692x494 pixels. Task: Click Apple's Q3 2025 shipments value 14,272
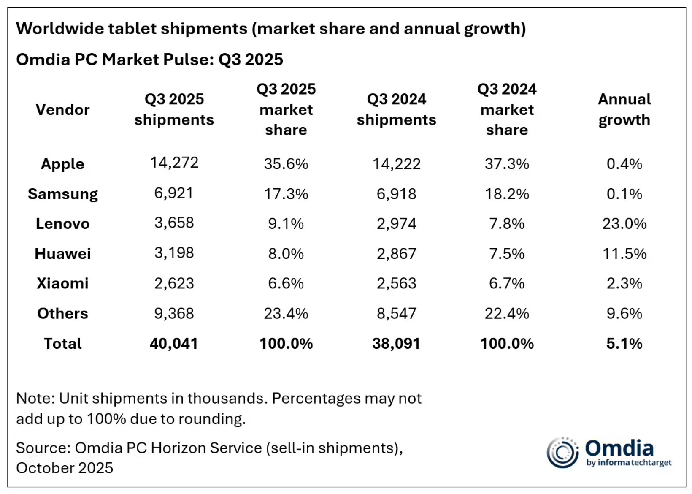pos(174,163)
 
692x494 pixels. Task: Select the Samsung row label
pos(63,194)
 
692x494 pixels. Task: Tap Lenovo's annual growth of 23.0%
pos(624,223)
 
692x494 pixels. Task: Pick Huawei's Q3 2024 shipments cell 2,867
pos(396,253)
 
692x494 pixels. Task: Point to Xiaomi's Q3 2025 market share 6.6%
pos(286,283)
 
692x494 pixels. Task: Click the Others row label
pos(62,313)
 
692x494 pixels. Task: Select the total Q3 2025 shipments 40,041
pos(173,343)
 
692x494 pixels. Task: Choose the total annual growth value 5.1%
pos(624,343)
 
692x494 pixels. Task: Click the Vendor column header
pos(62,110)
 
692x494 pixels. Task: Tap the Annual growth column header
pos(624,109)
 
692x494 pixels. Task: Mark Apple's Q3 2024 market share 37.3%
pos(507,164)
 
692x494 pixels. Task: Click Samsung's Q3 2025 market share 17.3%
pos(286,194)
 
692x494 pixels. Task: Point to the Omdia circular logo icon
pos(562,453)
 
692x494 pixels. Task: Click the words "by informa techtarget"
pos(629,463)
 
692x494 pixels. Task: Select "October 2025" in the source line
pos(65,468)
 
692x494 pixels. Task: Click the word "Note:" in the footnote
pos(35,398)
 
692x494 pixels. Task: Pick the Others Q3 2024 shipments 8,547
pos(396,313)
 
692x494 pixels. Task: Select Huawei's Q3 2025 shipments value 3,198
pos(174,252)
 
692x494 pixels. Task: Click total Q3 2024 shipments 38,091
pos(396,343)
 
